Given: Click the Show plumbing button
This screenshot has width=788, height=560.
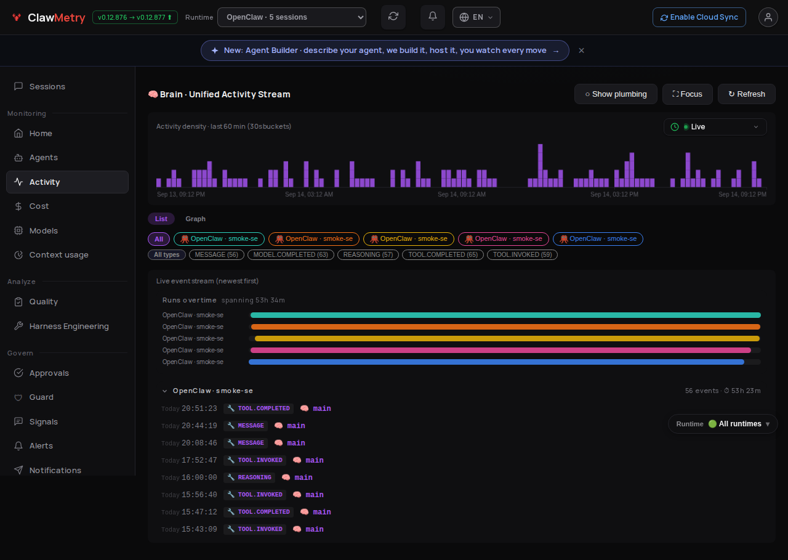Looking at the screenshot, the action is click(x=616, y=94).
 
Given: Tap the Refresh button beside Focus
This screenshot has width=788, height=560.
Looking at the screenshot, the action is click(x=747, y=94).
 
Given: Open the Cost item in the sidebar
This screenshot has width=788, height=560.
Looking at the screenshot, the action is click(x=39, y=206).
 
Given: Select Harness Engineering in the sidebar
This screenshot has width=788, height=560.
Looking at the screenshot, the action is click(x=69, y=326).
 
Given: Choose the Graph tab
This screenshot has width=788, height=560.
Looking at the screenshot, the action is click(x=195, y=219).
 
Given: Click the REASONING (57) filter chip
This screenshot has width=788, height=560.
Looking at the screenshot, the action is click(x=368, y=254).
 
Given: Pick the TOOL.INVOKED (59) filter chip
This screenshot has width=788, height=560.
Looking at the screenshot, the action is click(x=522, y=254).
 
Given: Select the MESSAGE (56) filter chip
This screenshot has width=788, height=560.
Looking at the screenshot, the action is click(x=216, y=254).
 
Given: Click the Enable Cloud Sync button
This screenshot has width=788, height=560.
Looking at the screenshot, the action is click(x=699, y=17).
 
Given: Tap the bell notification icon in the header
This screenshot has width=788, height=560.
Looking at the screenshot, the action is click(x=433, y=16).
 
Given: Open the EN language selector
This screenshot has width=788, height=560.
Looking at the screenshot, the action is click(x=476, y=17).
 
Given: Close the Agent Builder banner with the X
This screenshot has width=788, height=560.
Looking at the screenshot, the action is click(x=582, y=51).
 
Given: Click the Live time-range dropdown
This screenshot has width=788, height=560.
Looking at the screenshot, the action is click(x=715, y=127).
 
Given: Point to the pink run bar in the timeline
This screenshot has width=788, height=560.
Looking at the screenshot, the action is click(x=501, y=350).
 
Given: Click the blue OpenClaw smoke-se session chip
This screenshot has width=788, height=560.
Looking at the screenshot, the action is click(x=598, y=238).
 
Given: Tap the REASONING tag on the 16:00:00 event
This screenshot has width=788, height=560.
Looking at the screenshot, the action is click(x=250, y=477).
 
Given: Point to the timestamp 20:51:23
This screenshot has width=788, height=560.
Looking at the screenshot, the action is click(x=199, y=408).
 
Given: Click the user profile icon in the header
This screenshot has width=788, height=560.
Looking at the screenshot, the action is click(x=768, y=17).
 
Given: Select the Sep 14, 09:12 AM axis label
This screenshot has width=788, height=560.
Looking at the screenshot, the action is click(x=462, y=194).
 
